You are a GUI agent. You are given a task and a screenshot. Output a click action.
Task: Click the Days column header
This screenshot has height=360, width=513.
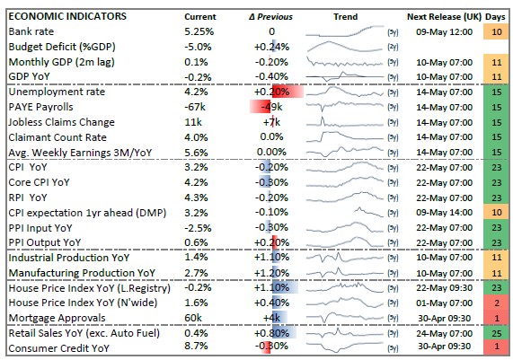point(496,16)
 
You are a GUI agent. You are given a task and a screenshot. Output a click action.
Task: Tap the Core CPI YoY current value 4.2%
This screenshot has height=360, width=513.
point(198,182)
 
